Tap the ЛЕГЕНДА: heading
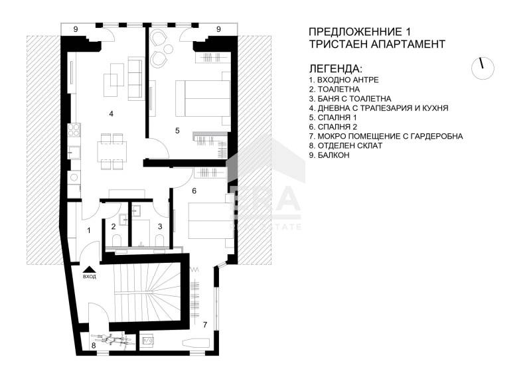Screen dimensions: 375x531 click(336, 68)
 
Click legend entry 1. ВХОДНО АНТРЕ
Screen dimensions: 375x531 click(344, 80)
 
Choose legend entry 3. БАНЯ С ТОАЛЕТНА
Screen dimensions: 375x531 click(350, 98)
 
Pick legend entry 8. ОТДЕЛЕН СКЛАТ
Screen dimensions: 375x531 click(346, 145)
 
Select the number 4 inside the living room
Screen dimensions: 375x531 click(111, 113)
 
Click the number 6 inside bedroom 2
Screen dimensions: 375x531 click(194, 190)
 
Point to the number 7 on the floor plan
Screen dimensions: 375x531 click(204, 325)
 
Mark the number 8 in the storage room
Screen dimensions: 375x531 click(94, 345)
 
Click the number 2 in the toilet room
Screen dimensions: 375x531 click(114, 227)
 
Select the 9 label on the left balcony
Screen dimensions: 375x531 click(76, 29)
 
